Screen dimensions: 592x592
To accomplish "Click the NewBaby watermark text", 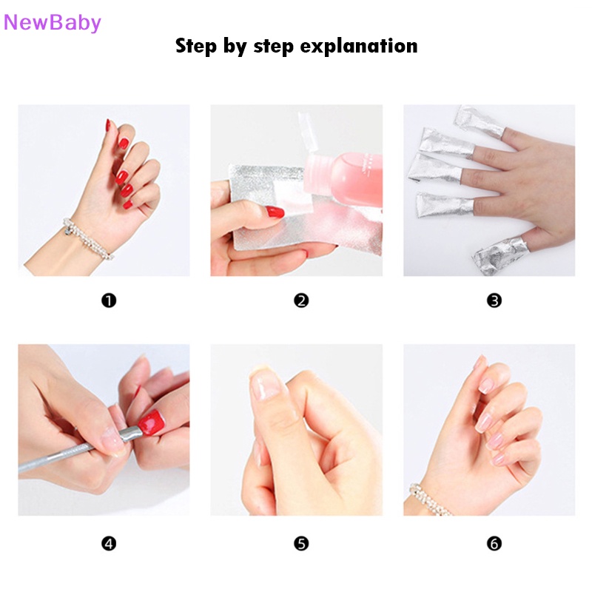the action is coord(52,23).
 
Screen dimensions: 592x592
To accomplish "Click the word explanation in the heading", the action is coord(359,47).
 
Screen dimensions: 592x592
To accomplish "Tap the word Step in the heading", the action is coord(196,47).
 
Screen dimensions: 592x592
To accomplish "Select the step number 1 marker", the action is coord(109,300).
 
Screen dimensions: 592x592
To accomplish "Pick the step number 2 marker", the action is coord(301,300).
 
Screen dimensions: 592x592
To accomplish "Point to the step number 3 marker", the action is coord(494,300).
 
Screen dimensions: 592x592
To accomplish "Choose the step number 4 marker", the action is coord(109,544).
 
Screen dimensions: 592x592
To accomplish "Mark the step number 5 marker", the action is coord(301,544).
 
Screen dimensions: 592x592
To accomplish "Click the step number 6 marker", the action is coord(494,544).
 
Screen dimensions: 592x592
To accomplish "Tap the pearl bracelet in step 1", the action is coord(87,238).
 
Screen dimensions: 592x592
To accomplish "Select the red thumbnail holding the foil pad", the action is coord(275,212).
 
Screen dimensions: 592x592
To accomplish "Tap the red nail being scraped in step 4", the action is coord(152,422).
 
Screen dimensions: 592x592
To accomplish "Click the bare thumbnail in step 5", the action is coord(266,384).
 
